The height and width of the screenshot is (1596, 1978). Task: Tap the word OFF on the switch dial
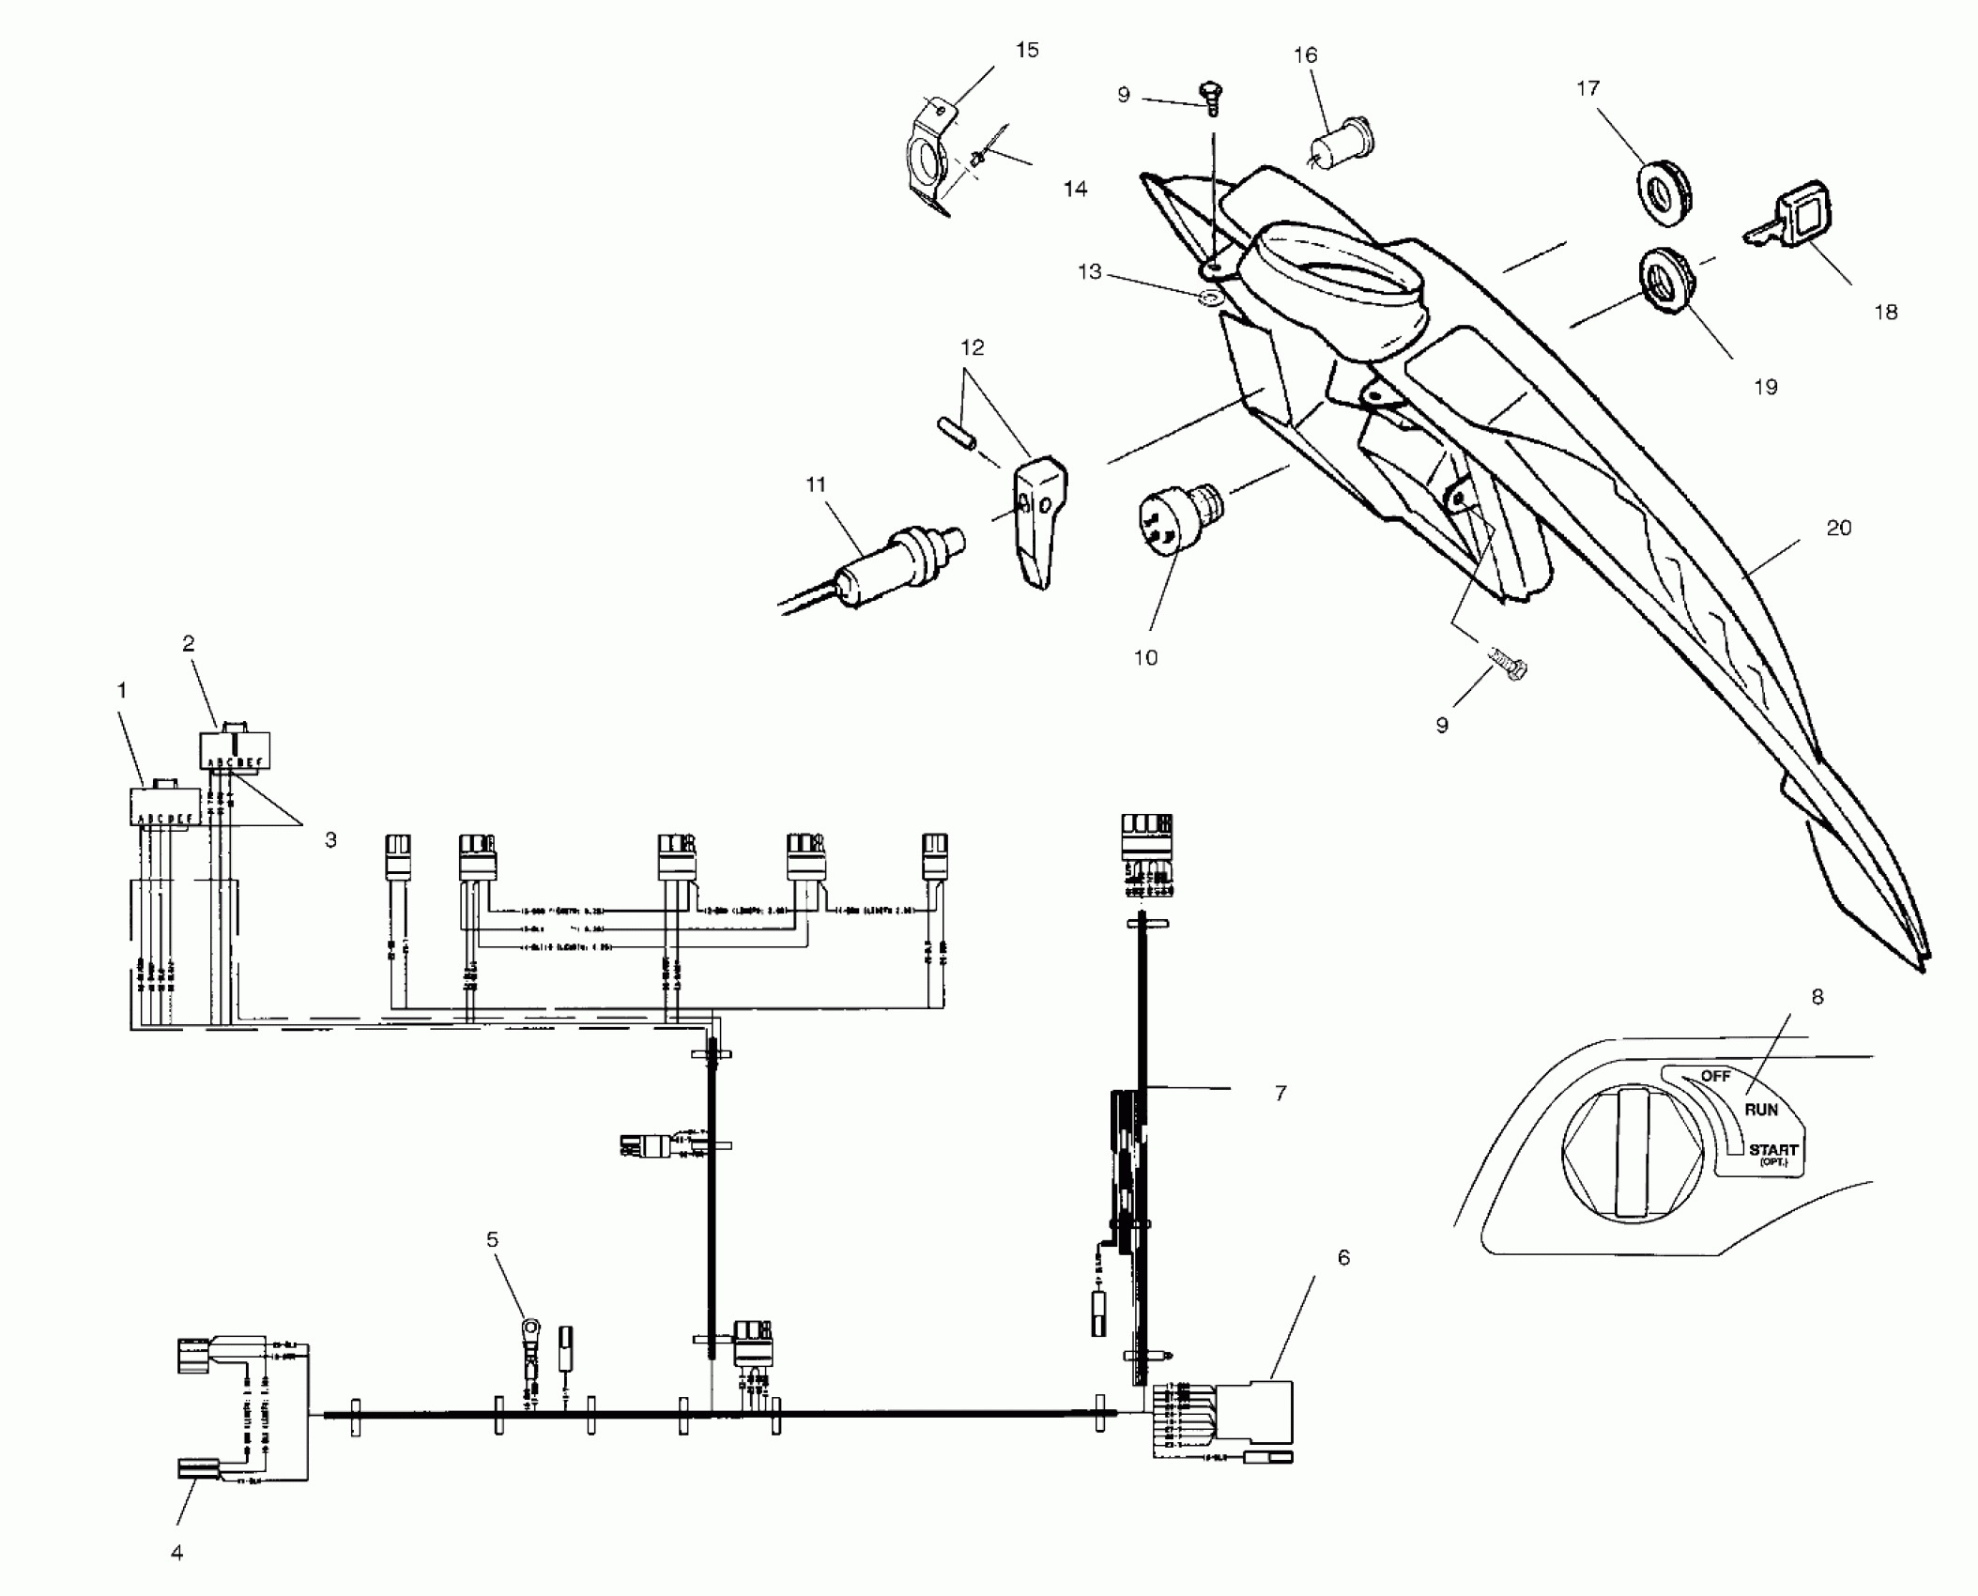point(1715,1076)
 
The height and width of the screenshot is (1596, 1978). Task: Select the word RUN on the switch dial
point(1761,1110)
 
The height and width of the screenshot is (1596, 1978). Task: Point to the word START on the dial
point(1772,1149)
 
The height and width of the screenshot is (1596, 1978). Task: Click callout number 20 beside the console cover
point(1838,529)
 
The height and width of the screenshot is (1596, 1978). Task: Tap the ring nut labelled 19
point(1668,282)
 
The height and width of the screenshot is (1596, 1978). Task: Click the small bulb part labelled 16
point(1342,146)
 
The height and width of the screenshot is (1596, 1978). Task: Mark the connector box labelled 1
point(164,806)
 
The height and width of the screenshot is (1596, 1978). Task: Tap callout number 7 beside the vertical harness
point(1280,1093)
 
